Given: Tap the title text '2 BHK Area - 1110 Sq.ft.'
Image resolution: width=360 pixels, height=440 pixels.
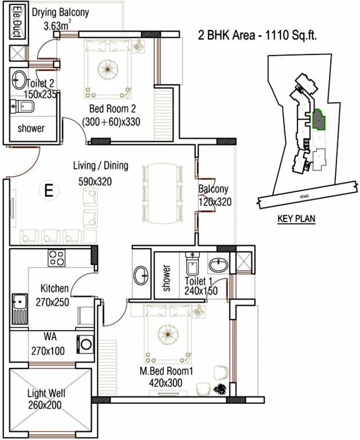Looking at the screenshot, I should tap(257, 35).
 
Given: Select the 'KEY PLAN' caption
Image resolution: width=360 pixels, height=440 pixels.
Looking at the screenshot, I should tap(296, 218).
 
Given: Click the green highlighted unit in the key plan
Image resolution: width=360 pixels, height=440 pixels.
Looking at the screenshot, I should tap(317, 120).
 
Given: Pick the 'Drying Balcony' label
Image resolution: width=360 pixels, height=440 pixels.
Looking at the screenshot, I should tap(61, 13).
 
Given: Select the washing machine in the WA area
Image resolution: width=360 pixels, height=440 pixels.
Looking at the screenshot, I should tap(86, 344).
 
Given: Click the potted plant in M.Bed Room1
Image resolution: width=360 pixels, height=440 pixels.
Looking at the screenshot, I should tap(219, 390).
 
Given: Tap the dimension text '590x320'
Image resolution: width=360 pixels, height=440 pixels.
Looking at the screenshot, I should tap(95, 182).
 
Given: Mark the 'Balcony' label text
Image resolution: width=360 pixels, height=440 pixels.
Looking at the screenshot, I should tap(213, 189).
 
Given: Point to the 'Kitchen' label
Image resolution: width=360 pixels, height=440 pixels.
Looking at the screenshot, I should tap(54, 288).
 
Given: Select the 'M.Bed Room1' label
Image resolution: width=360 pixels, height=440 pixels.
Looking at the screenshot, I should tap(167, 371).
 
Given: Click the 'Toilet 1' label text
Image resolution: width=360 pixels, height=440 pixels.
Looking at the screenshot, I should tap(199, 281).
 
